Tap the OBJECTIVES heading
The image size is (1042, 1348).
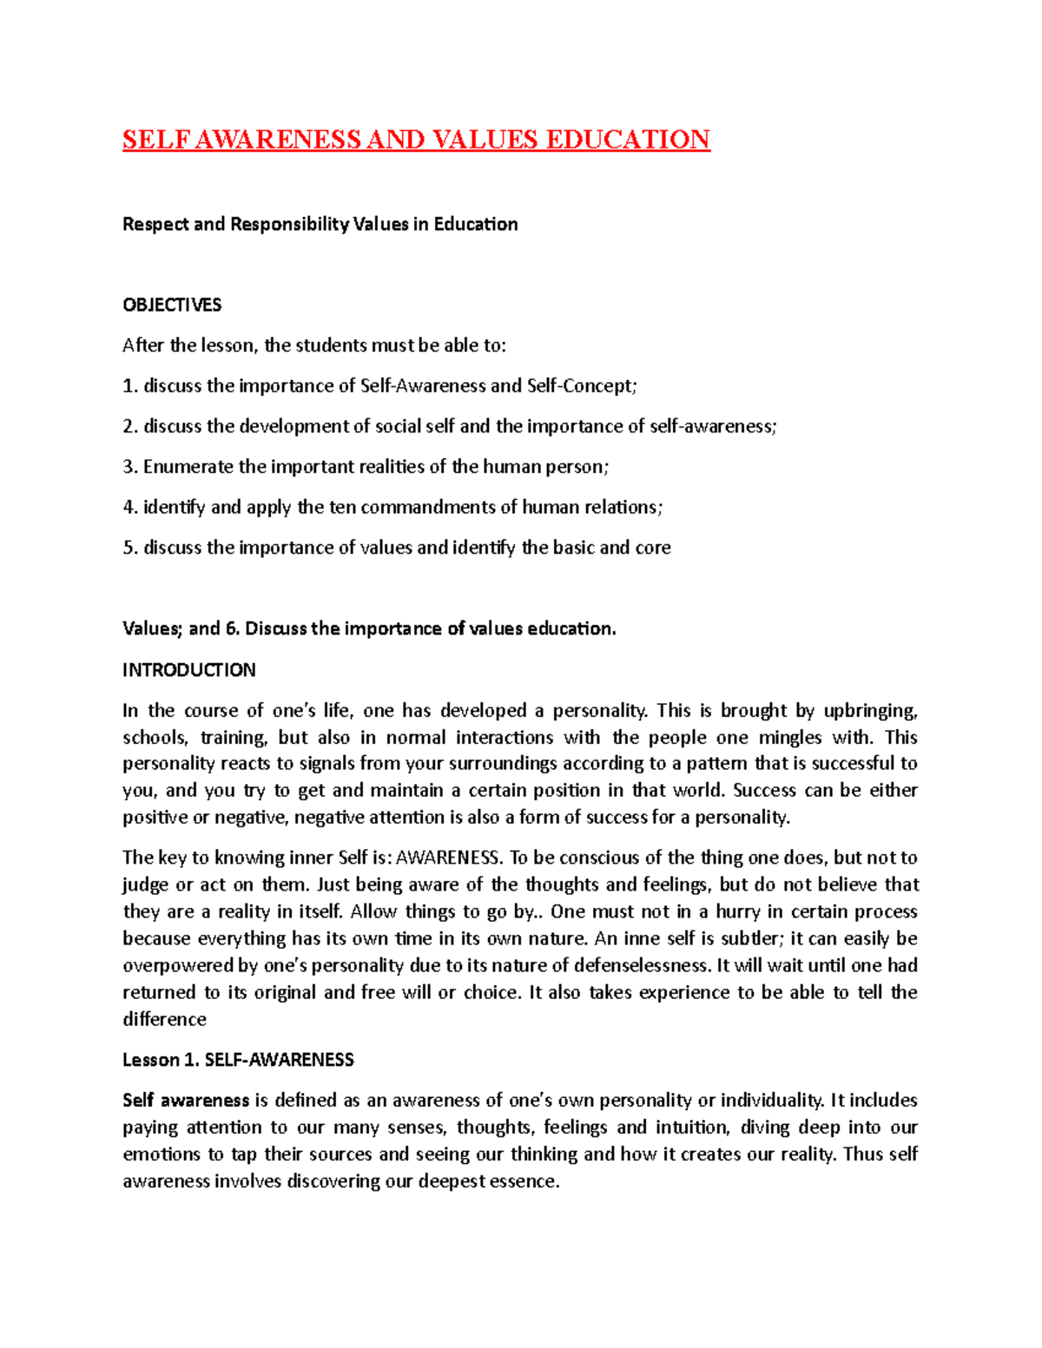tap(172, 305)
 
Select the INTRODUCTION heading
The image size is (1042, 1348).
tap(189, 670)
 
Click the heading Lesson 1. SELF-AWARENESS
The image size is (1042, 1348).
tap(238, 1060)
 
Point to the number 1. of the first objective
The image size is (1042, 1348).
tap(130, 386)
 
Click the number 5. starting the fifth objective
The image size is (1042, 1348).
tap(130, 548)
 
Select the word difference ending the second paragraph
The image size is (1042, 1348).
tap(164, 1019)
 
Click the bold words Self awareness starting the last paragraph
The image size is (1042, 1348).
tap(186, 1101)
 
